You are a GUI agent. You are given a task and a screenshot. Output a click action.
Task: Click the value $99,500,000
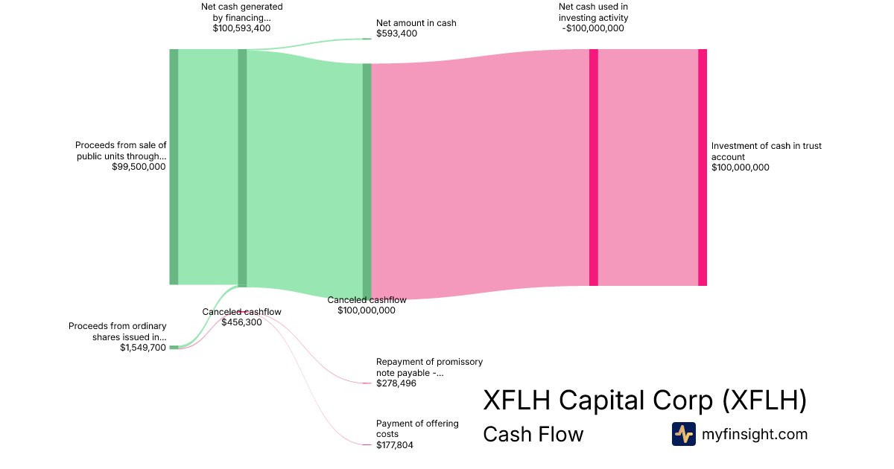(139, 167)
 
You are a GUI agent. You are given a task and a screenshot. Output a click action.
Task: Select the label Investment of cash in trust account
(766, 151)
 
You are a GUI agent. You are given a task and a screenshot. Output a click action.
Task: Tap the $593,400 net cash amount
(397, 34)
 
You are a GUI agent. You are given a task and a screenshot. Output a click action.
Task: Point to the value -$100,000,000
(593, 29)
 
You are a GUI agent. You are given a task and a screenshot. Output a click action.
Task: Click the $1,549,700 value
(143, 348)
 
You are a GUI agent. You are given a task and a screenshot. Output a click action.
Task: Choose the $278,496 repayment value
(396, 383)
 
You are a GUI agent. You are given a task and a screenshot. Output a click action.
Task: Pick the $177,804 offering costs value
(395, 445)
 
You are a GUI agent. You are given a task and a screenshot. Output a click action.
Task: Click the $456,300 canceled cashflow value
(241, 322)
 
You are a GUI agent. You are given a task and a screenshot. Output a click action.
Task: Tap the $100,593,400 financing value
(241, 29)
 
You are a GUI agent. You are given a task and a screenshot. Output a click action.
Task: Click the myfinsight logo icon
(683, 434)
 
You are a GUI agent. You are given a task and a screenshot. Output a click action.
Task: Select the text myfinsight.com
(755, 434)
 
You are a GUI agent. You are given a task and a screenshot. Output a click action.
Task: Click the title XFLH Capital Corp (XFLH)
(644, 401)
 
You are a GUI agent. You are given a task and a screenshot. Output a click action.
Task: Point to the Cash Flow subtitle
(533, 434)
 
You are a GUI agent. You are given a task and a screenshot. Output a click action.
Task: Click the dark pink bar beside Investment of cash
(703, 167)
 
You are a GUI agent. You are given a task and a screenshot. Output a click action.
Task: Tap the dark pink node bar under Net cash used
(594, 167)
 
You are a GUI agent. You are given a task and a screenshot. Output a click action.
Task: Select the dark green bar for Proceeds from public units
(174, 167)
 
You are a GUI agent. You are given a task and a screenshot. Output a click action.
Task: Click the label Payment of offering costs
(417, 429)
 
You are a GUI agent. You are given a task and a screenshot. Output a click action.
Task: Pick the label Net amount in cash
(416, 23)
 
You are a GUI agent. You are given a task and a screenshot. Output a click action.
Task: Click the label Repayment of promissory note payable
(429, 367)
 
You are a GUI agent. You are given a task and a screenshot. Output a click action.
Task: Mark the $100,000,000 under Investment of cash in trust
(741, 167)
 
